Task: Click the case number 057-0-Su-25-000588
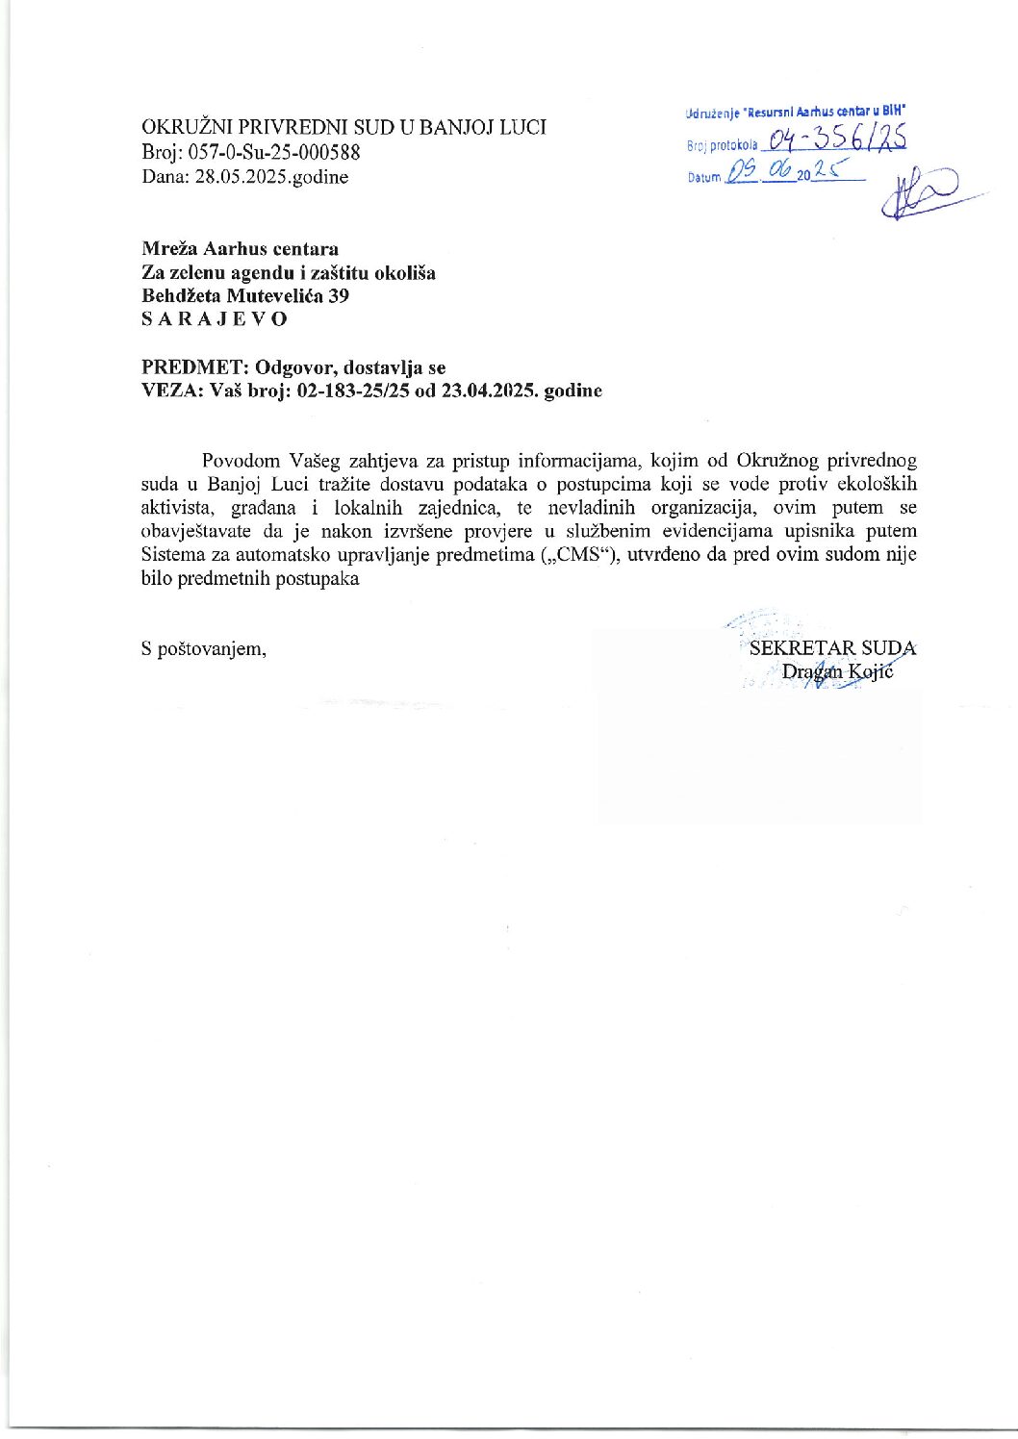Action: click(273, 152)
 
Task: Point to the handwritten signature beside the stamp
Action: click(919, 192)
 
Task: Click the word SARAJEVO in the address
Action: click(214, 319)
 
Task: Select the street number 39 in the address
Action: click(339, 296)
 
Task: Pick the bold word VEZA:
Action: click(168, 391)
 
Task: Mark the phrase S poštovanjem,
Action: click(204, 649)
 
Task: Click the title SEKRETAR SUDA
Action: click(832, 648)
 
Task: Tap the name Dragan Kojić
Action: click(837, 671)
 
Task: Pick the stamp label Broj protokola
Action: click(722, 146)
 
